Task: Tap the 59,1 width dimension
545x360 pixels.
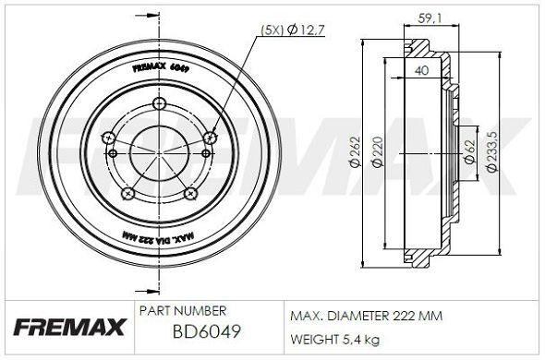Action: coord(428,16)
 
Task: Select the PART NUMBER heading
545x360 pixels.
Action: coord(180,311)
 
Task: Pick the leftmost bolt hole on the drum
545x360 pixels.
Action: coord(109,138)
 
